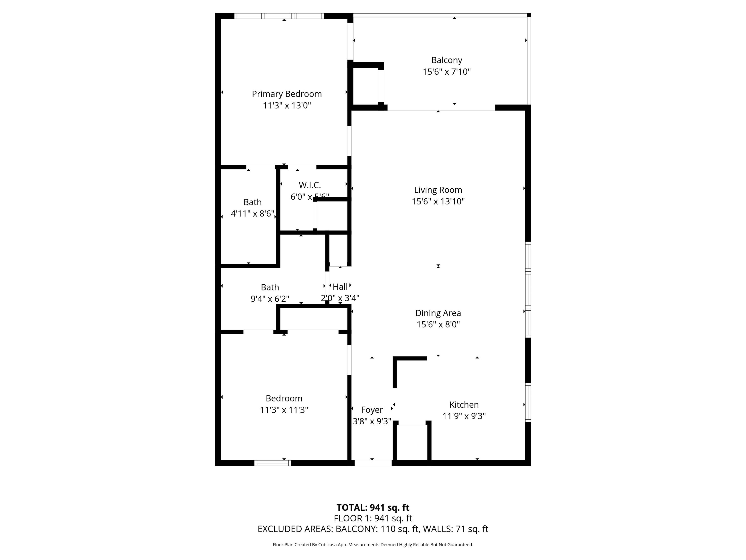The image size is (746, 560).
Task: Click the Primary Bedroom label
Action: tap(287, 94)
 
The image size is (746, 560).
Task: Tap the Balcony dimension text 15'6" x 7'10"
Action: tap(447, 71)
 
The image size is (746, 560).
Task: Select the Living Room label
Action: tap(438, 190)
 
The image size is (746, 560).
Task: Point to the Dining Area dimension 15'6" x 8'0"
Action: tap(438, 324)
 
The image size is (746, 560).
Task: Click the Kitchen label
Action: tap(464, 404)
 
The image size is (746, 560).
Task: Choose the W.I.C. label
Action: tap(310, 185)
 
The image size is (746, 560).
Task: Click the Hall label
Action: tap(340, 287)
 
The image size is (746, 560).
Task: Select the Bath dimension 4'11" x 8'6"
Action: tap(252, 213)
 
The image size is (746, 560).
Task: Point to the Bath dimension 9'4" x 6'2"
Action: tap(270, 299)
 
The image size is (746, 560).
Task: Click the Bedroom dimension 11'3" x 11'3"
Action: tap(284, 410)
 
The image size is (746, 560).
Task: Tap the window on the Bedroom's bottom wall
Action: tap(272, 463)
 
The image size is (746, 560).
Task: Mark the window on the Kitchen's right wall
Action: tap(528, 402)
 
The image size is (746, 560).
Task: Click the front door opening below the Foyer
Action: tap(373, 463)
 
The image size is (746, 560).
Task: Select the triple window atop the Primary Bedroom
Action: tap(279, 16)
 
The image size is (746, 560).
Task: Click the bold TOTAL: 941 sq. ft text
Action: tap(373, 507)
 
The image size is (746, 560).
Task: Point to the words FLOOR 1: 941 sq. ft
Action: tap(373, 518)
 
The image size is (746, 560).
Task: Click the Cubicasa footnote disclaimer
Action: tap(373, 544)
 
